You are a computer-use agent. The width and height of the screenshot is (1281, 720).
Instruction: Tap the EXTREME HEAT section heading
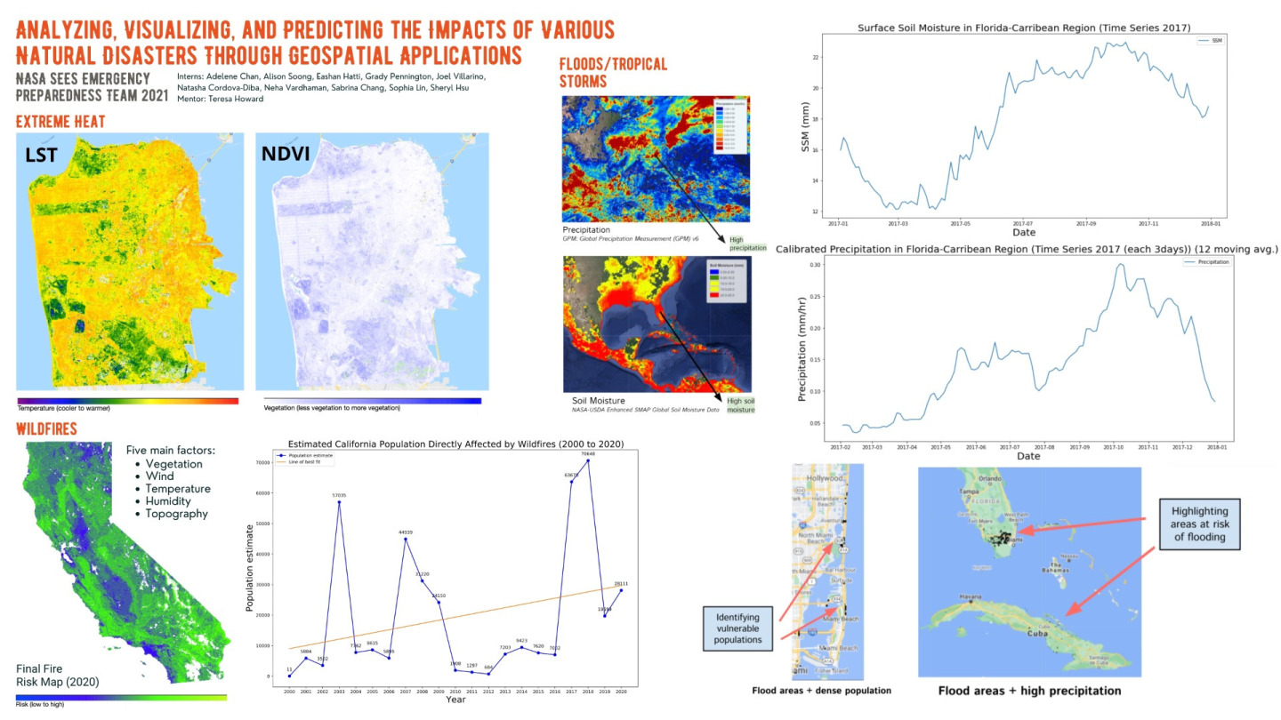(60, 122)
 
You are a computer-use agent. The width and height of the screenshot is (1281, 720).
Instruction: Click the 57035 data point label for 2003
(338, 495)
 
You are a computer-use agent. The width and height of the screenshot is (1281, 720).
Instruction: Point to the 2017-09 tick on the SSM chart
(1087, 224)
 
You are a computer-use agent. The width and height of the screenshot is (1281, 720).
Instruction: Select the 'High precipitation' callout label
(741, 243)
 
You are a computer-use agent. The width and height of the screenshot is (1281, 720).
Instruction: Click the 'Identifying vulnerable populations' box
(738, 626)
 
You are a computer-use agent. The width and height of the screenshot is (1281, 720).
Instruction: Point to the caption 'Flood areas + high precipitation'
(1029, 691)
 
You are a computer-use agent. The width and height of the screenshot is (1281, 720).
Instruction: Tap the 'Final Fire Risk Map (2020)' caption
(57, 675)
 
